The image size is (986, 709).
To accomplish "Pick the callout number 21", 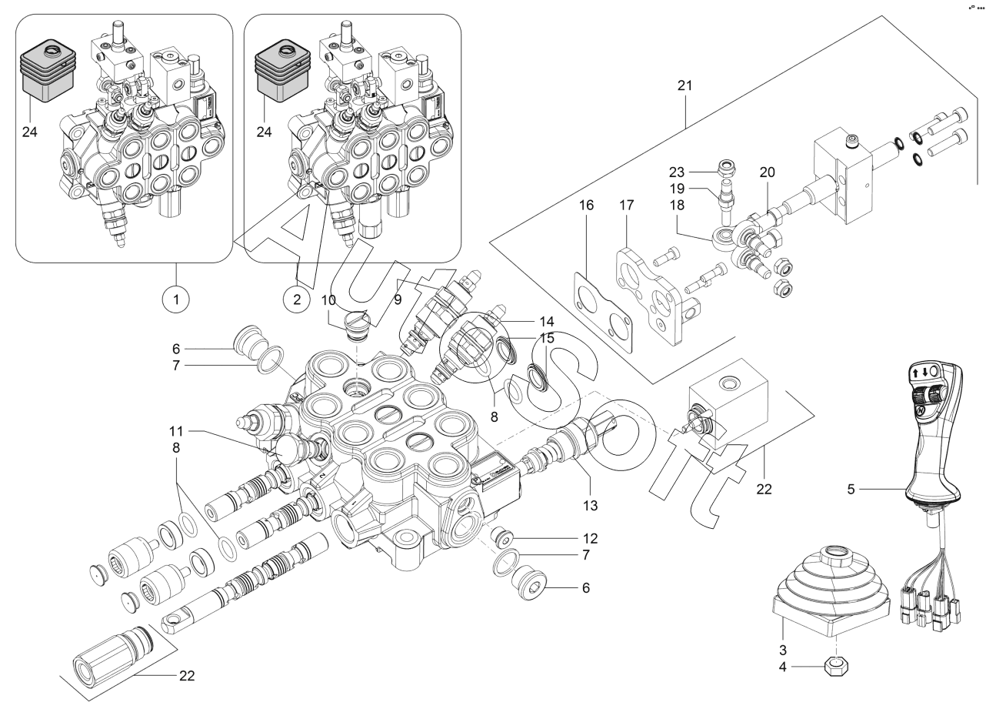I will (x=685, y=85).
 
